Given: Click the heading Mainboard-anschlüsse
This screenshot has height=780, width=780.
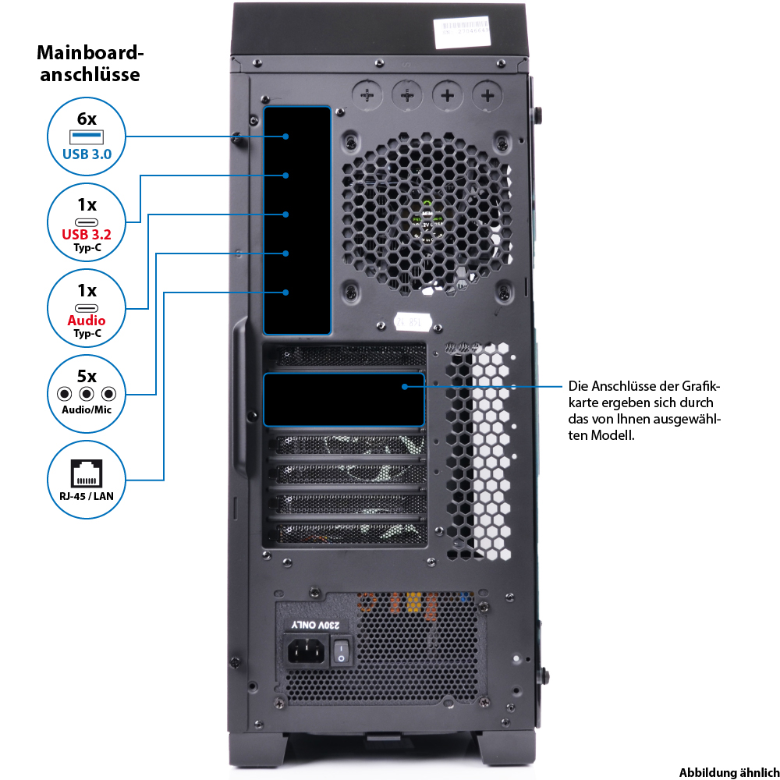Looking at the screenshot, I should pos(90,64).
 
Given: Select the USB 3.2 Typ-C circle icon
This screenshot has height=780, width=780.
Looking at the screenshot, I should pos(87,222).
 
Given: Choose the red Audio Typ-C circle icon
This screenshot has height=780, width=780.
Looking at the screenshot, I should pos(87,307).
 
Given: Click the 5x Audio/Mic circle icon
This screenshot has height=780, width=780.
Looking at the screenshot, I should pos(87,392).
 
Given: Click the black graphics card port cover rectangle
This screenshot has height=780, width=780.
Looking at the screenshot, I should pos(344,399).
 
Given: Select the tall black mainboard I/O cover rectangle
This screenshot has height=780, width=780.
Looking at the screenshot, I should pos(297,220).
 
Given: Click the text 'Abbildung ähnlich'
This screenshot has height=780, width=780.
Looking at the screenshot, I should pos(729,771).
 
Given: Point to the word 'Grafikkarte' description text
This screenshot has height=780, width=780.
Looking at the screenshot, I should pos(643,394).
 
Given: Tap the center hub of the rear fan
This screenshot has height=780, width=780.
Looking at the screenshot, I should pos(427,218).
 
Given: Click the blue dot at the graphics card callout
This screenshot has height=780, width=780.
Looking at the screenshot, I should pos(405,386).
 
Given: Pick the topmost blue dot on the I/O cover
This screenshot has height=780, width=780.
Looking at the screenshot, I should pos(286,136).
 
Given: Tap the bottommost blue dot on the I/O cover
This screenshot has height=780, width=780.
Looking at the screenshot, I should pos(286,292).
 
